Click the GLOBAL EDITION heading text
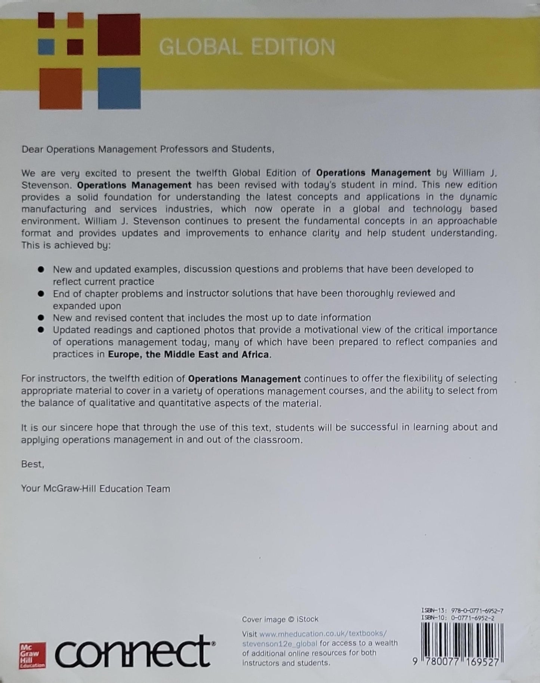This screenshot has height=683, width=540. click(247, 47)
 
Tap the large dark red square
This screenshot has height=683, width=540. click(119, 34)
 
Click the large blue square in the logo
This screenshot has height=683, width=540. click(119, 88)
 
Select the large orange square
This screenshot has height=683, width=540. click(61, 89)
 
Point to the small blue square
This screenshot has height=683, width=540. click(46, 47)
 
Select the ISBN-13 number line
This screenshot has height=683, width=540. click(462, 610)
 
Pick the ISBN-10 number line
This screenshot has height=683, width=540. click(457, 618)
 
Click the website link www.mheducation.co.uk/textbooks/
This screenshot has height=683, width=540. click(323, 634)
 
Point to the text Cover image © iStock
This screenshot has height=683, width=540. click(280, 619)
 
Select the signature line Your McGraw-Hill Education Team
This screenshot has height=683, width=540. click(96, 489)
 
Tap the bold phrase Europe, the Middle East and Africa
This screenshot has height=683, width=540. click(188, 354)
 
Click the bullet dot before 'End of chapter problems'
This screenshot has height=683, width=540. click(41, 294)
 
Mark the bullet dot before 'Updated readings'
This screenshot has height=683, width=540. click(41, 330)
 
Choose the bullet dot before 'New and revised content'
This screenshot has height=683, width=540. click(41, 318)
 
